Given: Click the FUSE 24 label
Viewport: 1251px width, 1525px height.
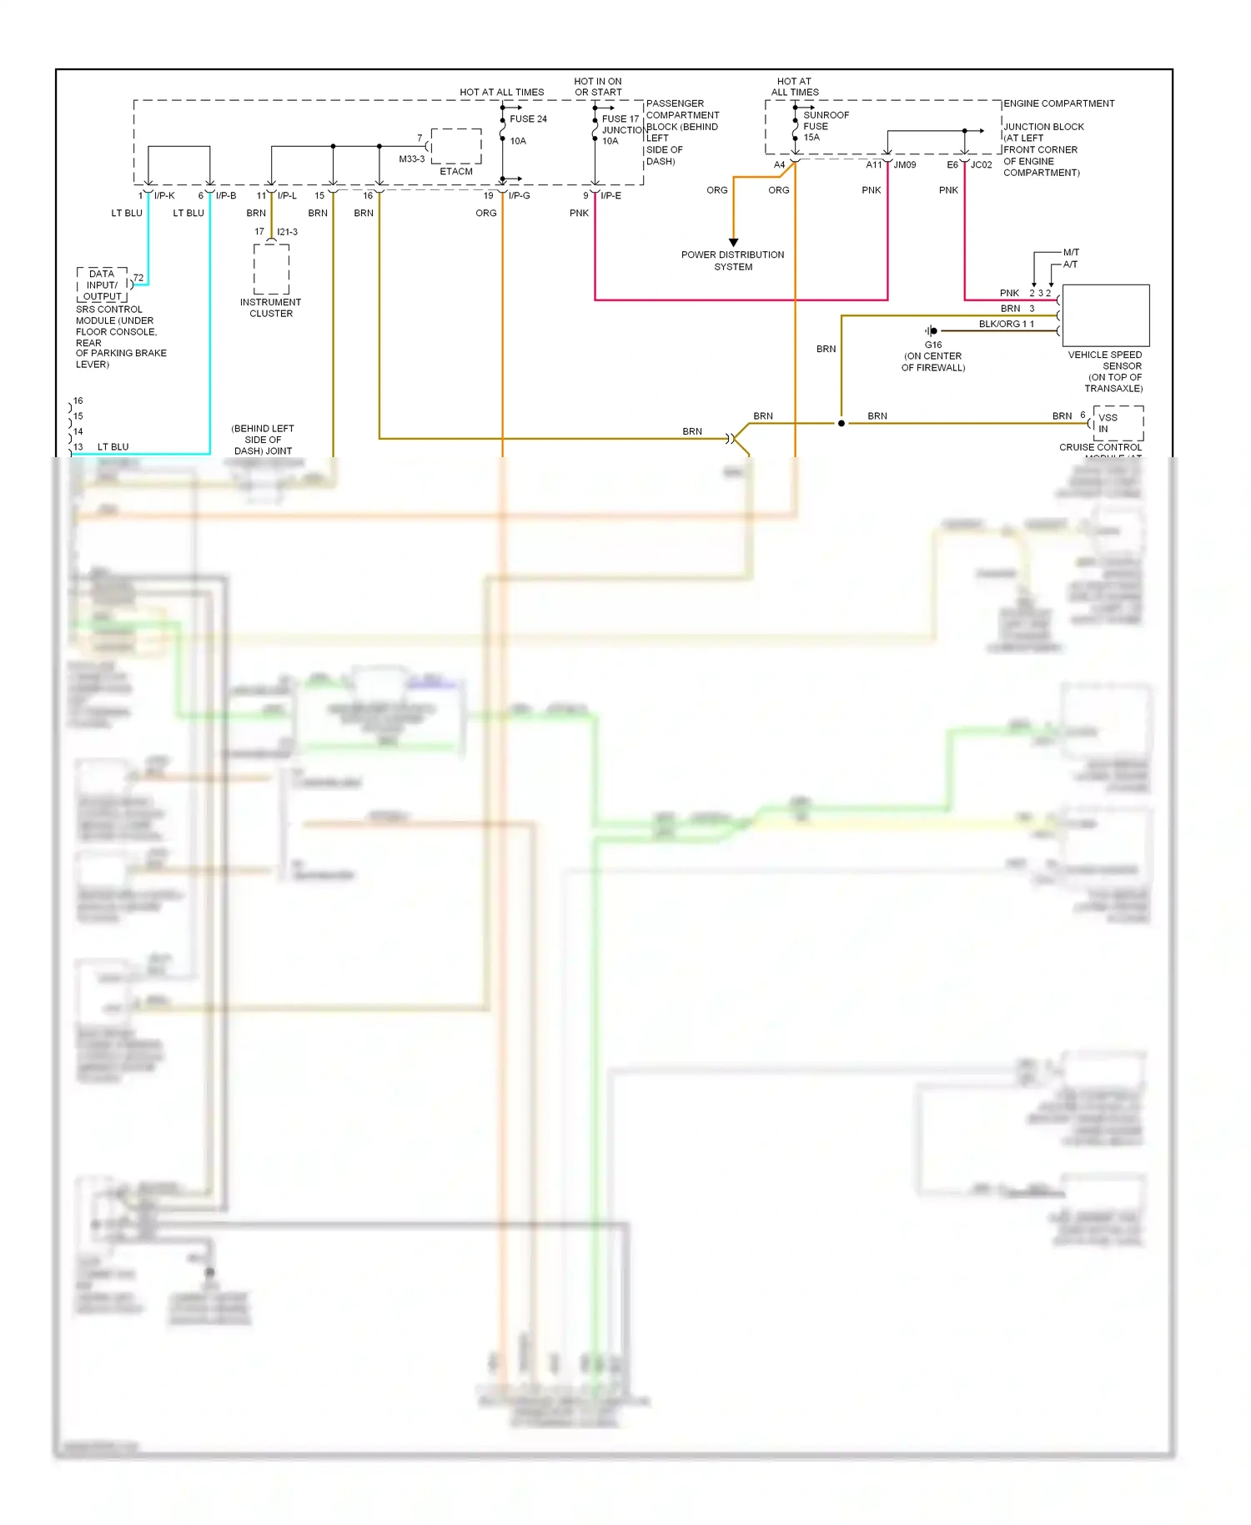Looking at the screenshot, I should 528,119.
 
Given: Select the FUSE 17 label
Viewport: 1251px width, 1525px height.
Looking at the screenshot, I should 620,119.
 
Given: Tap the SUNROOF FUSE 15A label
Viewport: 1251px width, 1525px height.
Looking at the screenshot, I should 825,126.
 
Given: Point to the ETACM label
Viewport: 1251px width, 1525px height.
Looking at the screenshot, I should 456,172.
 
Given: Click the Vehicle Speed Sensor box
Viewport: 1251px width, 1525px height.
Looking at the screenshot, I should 1105,315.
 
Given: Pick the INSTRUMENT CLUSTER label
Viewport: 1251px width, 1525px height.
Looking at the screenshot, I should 271,308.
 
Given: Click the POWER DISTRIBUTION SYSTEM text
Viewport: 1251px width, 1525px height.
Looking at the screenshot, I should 732,261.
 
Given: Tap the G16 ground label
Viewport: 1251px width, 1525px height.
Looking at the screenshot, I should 933,345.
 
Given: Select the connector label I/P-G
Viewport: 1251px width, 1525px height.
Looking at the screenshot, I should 519,196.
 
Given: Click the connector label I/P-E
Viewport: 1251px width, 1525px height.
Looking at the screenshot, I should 610,196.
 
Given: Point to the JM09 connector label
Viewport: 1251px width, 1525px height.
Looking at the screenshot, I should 904,165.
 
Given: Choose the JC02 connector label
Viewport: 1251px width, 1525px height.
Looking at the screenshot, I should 982,165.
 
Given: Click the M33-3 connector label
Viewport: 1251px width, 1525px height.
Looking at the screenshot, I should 412,159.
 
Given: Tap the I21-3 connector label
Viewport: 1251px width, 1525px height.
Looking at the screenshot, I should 287,232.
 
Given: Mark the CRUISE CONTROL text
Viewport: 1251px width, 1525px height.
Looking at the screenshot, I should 1100,448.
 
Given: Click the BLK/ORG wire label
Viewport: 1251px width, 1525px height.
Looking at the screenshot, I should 999,325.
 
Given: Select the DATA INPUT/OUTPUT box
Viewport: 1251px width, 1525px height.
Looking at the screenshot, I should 103,285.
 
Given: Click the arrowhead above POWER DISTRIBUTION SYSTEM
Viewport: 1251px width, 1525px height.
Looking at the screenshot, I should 733,243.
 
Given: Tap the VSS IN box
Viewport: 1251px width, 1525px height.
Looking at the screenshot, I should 1118,423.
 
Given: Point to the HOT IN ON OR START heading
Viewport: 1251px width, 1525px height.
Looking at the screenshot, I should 598,87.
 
